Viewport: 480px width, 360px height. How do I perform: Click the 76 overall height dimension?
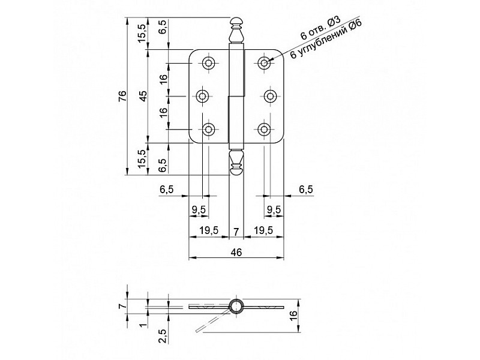[x=122, y=96]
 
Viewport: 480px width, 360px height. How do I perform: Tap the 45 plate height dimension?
[x=143, y=96]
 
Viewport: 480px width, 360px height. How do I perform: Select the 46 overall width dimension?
[x=236, y=253]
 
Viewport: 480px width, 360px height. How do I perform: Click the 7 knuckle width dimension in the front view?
[x=236, y=232]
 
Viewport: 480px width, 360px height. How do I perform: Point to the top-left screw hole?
[x=208, y=64]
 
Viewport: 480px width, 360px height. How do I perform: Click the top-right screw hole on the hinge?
[x=263, y=64]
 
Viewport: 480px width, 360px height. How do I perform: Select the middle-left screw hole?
[x=202, y=97]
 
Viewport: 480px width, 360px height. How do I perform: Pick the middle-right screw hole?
[x=270, y=97]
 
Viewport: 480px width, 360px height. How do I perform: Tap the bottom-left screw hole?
[x=208, y=129]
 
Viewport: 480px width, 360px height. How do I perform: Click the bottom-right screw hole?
[x=263, y=129]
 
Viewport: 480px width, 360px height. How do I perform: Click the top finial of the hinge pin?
[x=236, y=31]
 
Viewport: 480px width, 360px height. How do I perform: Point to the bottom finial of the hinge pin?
[x=236, y=163]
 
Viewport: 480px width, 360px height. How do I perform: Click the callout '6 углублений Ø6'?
[x=326, y=39]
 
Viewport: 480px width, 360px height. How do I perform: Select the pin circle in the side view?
[x=236, y=306]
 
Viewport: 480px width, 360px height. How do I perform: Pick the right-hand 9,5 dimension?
[x=274, y=209]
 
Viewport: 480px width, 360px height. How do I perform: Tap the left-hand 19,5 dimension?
[x=209, y=230]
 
